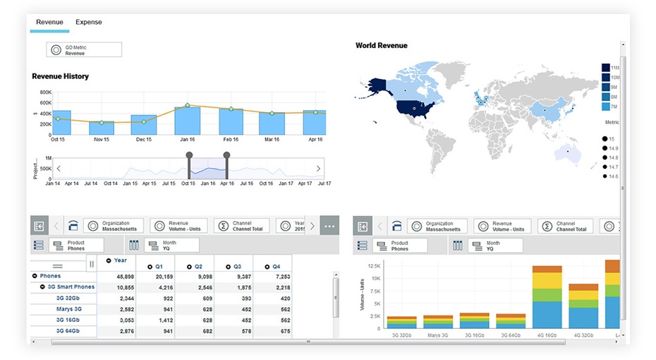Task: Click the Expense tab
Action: (x=89, y=23)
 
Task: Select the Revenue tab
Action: (x=49, y=23)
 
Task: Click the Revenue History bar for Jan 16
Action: (x=188, y=121)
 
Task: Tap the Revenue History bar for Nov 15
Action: (x=102, y=128)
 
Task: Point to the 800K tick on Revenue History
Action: (x=45, y=92)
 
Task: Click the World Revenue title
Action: (x=381, y=46)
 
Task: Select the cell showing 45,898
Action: (x=125, y=277)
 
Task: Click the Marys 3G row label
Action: (x=68, y=309)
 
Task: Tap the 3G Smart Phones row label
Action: (x=71, y=287)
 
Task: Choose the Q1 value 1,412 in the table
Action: (x=164, y=320)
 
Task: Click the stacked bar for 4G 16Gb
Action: (x=547, y=296)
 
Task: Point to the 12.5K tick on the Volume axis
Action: (x=373, y=265)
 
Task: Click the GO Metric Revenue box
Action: (x=84, y=49)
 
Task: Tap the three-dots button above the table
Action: (x=329, y=226)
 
